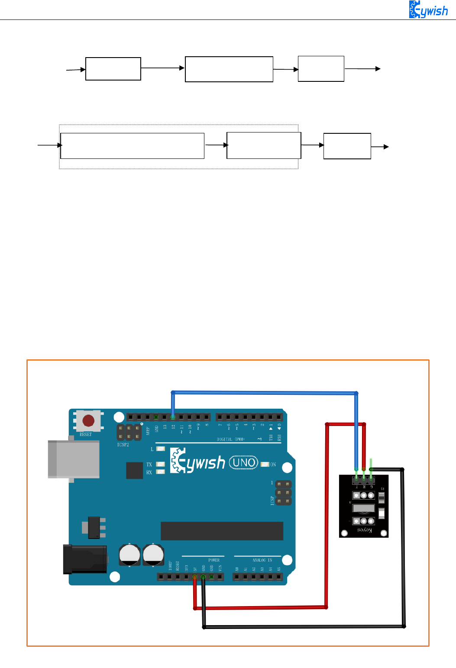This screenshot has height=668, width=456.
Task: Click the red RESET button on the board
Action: (x=88, y=421)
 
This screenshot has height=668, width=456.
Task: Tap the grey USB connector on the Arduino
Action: (x=74, y=459)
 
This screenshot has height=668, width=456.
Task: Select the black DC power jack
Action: (x=85, y=559)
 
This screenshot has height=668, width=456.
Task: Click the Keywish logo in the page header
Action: (x=428, y=10)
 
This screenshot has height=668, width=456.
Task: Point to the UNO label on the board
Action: (x=243, y=462)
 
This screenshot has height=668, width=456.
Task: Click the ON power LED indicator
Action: (x=265, y=465)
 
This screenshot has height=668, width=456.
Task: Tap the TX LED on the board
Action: (x=161, y=465)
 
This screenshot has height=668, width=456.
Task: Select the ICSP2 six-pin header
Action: (x=129, y=432)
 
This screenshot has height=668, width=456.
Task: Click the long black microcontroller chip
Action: (x=222, y=531)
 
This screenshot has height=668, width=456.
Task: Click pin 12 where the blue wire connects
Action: (x=173, y=417)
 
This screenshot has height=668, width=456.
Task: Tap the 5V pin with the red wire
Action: (x=195, y=577)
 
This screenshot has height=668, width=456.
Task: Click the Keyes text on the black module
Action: (x=365, y=530)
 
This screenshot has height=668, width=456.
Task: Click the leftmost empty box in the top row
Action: (x=113, y=69)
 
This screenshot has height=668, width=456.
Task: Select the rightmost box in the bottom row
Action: (x=347, y=146)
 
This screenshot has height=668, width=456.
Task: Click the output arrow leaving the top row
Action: (x=363, y=69)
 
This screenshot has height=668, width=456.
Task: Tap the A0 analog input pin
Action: (x=237, y=577)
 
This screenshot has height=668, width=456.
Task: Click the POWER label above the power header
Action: (x=214, y=560)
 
